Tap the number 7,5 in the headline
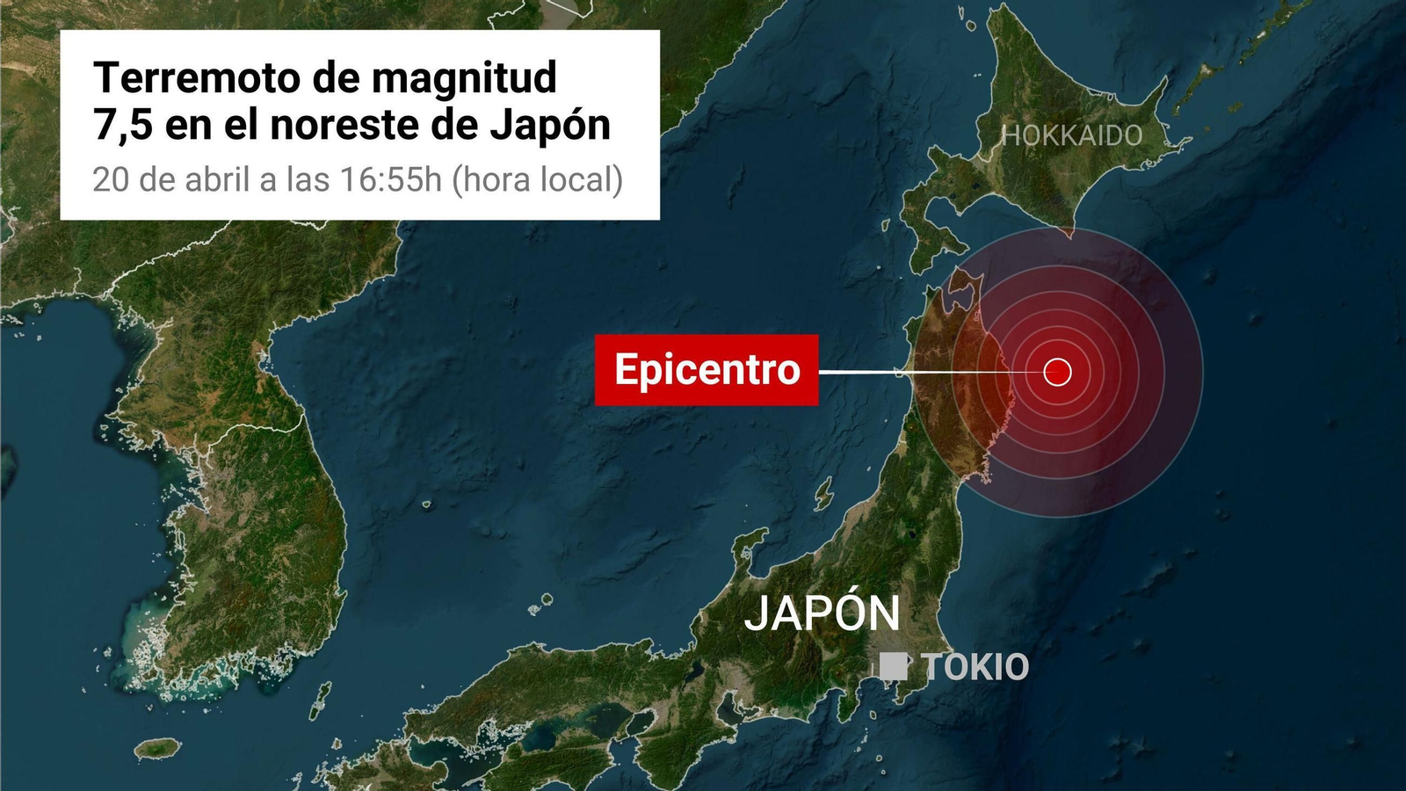coord(123,126)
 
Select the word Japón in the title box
coord(550,126)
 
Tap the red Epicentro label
coord(707,369)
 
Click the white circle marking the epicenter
coord(1057,372)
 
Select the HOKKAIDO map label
coord(1072,135)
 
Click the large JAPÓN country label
coord(822,613)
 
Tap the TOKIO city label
coord(975,667)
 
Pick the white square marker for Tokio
coord(893,666)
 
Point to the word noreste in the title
coord(344,126)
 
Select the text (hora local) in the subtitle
coord(538,179)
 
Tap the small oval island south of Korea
coord(158,748)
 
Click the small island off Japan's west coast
coord(823,495)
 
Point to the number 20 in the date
coord(111,179)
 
